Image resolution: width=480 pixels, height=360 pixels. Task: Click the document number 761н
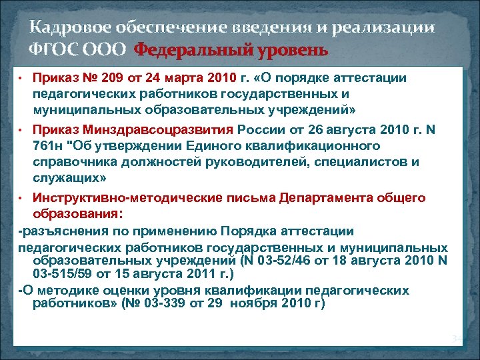coord(50,146)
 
